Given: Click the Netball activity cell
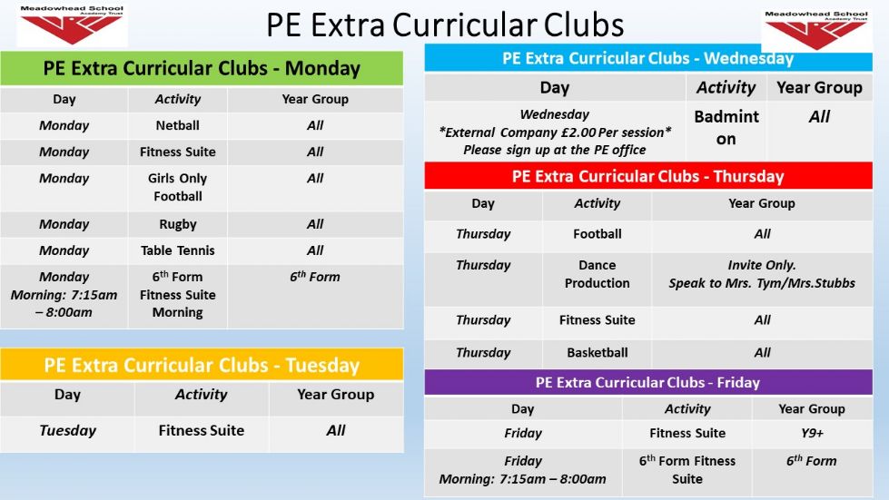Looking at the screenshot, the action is click(177, 126).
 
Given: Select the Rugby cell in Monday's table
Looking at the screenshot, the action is click(177, 224).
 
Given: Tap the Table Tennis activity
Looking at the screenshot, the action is click(177, 250).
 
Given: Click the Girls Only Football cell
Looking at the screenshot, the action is click(177, 188).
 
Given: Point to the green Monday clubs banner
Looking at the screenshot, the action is click(202, 69).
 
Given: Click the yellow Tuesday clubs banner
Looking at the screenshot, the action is click(202, 365).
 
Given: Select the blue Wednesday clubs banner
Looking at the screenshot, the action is click(648, 59).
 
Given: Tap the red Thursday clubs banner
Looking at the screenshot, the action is click(648, 176).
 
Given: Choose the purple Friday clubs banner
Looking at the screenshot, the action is click(648, 383).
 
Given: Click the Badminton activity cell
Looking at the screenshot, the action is click(726, 128).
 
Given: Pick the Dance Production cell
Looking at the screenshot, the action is click(597, 274).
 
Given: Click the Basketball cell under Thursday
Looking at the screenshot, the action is click(597, 353).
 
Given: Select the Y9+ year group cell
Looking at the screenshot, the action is click(812, 434).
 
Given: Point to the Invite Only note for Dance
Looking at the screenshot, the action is click(762, 274).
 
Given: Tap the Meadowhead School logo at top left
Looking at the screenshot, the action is click(72, 25).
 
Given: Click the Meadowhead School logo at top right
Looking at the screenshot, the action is click(816, 30).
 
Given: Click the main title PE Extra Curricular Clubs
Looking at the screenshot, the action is click(445, 25).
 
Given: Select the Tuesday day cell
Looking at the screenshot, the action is click(67, 431).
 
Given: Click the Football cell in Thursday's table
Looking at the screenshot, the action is click(597, 234).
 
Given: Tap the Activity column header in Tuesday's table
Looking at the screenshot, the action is click(202, 395).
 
